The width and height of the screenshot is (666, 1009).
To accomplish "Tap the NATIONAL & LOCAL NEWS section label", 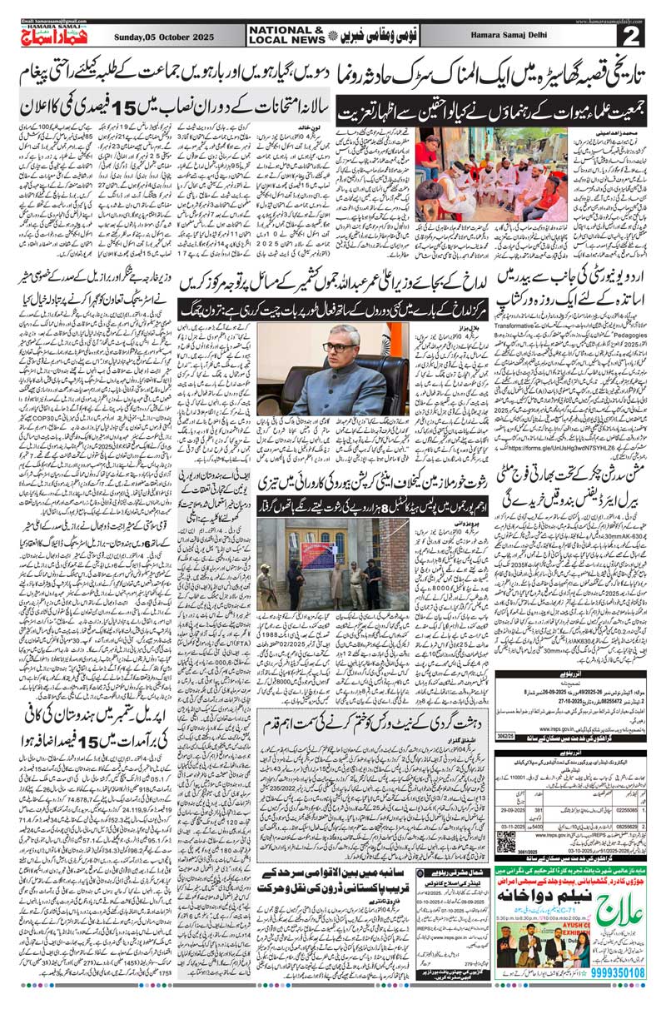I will (286, 34).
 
